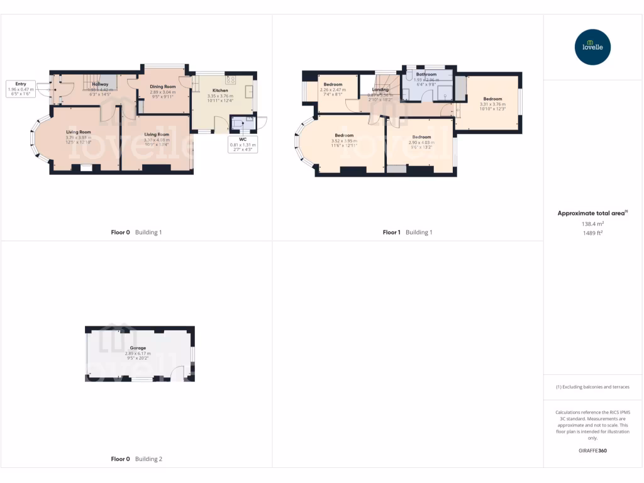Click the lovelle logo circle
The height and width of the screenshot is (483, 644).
593,47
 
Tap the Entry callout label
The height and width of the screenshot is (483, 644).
21,84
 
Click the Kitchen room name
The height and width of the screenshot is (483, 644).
219,91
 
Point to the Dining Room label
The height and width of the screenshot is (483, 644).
162,86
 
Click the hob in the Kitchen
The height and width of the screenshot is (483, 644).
230,80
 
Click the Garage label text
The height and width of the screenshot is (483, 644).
138,348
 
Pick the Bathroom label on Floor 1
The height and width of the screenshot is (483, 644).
426,74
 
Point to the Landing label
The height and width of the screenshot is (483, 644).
380,90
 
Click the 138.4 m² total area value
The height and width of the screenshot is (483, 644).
592,223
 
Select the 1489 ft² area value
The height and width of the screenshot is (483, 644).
592,232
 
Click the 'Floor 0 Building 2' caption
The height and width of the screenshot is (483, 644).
136,459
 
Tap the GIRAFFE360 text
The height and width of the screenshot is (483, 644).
592,450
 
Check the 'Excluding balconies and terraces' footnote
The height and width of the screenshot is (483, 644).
592,387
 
